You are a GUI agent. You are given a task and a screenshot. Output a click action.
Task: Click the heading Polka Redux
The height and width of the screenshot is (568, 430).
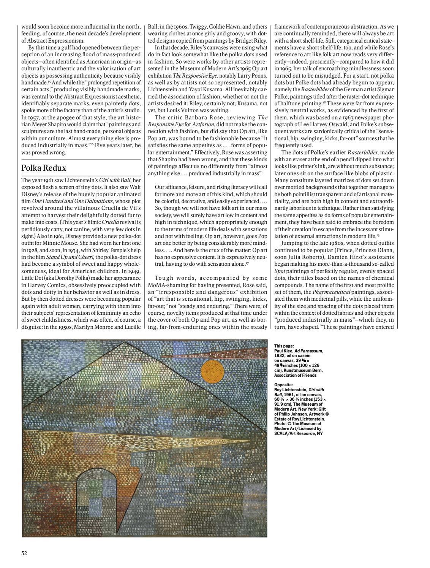[x=44, y=168]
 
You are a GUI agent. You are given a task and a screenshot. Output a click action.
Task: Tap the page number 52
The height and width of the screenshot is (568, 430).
[x=24, y=553]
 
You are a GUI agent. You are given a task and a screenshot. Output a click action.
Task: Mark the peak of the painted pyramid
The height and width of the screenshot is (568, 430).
[x=124, y=342]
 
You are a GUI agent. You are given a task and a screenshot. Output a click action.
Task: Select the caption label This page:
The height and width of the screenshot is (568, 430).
[x=284, y=346]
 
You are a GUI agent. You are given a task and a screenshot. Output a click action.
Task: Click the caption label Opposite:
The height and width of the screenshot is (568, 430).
[x=283, y=384]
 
